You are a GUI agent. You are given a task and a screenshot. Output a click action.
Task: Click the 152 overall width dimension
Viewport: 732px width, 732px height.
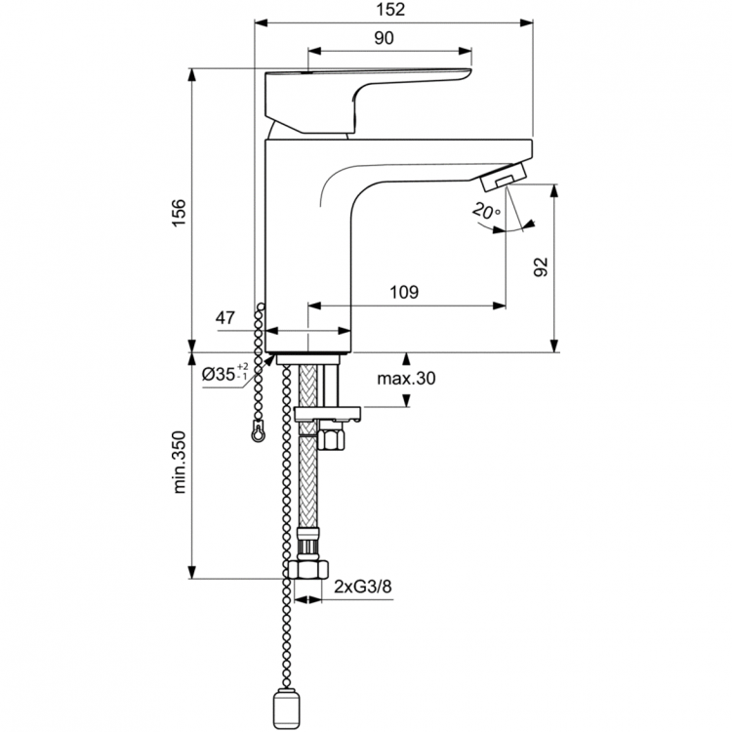(x=393, y=11)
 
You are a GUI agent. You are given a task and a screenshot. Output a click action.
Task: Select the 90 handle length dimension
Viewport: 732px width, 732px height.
(x=384, y=38)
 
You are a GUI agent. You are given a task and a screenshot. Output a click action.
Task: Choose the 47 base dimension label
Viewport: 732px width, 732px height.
(x=225, y=317)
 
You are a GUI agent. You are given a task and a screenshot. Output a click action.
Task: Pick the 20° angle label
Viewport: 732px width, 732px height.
(x=485, y=210)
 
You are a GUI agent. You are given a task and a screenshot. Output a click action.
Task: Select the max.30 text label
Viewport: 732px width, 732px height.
(x=405, y=379)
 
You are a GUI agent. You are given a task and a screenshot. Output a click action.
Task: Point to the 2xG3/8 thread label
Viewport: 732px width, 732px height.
(x=363, y=587)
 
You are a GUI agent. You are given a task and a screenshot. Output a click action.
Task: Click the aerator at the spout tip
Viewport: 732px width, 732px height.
(x=504, y=177)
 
